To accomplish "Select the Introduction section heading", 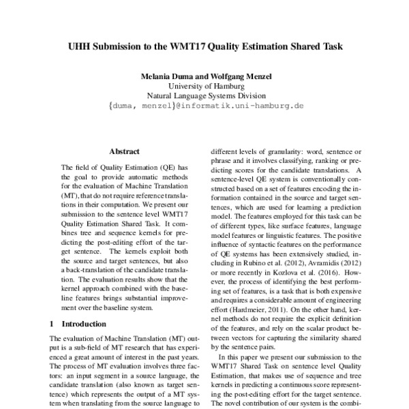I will [84, 324].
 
